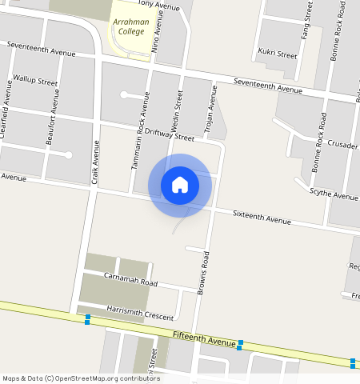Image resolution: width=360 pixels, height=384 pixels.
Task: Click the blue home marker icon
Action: click(x=180, y=185)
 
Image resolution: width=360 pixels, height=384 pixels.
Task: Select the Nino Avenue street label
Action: click(x=156, y=34)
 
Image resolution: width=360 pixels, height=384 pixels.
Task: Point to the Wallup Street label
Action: click(x=36, y=82)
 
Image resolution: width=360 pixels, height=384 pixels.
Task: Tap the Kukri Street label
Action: click(x=278, y=54)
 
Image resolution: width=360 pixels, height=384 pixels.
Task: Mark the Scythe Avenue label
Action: click(x=334, y=196)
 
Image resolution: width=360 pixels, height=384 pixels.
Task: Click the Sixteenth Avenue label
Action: click(x=262, y=218)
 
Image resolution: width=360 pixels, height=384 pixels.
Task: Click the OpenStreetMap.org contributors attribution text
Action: click(x=107, y=378)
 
